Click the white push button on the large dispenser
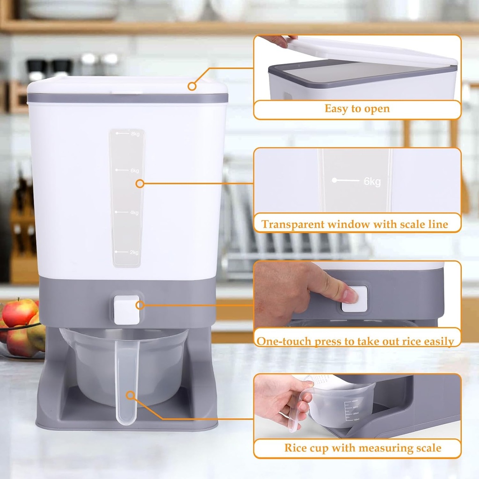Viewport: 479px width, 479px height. (126, 310)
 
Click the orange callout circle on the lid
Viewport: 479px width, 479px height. (191, 86)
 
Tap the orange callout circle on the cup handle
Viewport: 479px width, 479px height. (131, 396)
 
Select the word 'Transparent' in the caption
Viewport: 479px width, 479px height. (295, 224)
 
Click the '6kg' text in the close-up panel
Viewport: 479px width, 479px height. (372, 181)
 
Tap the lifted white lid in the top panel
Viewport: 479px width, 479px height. (370, 51)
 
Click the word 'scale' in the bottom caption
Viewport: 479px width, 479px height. (426, 448)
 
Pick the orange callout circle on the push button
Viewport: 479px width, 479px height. (138, 305)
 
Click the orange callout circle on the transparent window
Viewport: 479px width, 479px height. (139, 184)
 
